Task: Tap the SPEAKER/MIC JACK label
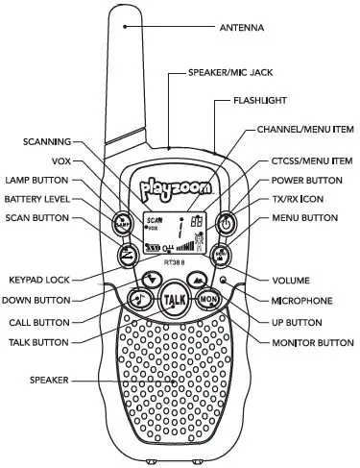(228, 73)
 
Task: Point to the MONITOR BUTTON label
(306, 341)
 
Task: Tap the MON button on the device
(210, 300)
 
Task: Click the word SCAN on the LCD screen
(153, 220)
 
